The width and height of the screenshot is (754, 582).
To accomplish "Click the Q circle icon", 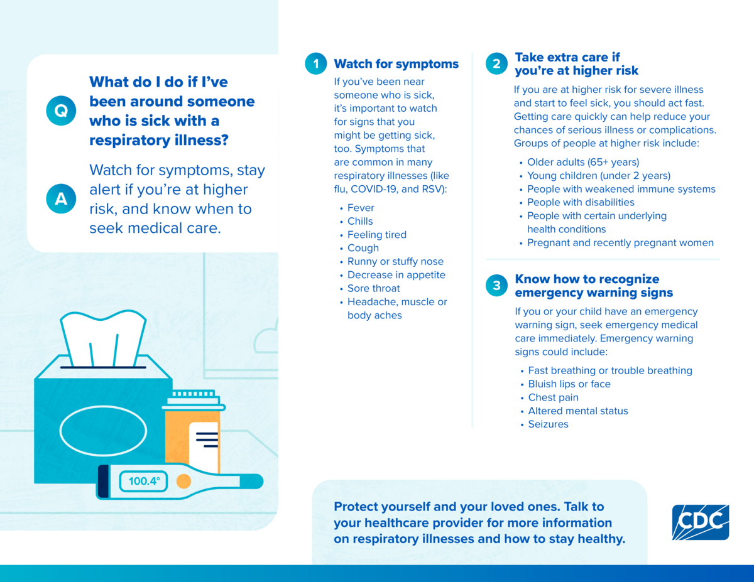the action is point(61,110).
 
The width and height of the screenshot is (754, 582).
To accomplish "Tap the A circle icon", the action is point(61,198).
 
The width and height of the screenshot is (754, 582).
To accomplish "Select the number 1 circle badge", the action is point(316,63).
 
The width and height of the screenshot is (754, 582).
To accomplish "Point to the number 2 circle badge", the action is point(496,63).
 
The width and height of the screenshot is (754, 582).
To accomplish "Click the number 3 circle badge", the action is point(496,285).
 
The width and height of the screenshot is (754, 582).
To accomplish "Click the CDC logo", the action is point(701,522).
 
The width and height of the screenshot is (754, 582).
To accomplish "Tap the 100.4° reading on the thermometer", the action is point(144,481).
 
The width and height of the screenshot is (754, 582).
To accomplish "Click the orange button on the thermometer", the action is point(183,481).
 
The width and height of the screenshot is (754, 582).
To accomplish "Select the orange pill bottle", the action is point(194,431).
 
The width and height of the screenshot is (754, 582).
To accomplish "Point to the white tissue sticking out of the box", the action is point(103,338).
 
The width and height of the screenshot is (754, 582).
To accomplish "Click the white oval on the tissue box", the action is point(103,431).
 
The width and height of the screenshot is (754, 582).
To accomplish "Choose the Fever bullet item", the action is point(361,208).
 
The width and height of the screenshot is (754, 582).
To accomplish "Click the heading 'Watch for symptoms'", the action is point(396,64).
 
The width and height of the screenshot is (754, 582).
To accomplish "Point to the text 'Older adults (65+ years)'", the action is point(583,162).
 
